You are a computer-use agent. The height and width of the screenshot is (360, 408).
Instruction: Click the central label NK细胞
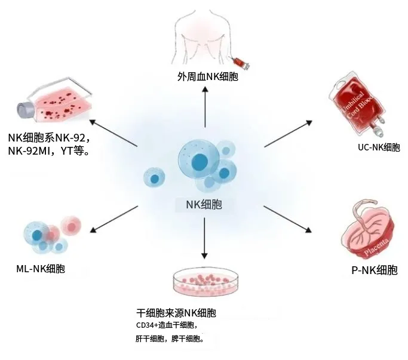tap(204, 205)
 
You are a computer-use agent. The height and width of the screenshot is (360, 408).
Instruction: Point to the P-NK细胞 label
tap(374, 270)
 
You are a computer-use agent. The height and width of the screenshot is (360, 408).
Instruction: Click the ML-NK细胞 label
tap(41, 269)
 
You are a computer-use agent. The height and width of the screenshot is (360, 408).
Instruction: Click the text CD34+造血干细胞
tap(165, 326)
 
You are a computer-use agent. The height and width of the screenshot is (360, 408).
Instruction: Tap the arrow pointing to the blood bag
tap(288, 133)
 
